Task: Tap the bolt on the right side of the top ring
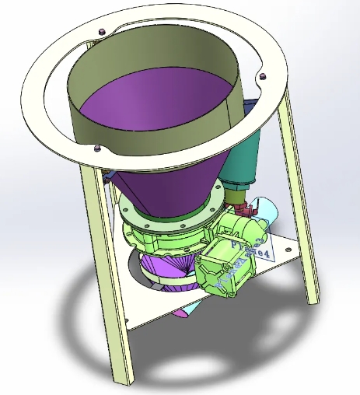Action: [260, 75]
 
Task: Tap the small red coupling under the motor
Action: [248, 208]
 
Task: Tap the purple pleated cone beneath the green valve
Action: [167, 268]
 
